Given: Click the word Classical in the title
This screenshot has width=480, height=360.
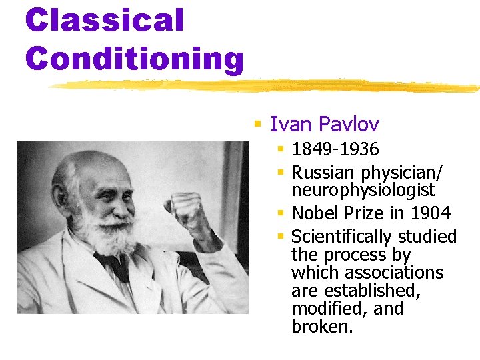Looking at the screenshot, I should pyautogui.click(x=104, y=20).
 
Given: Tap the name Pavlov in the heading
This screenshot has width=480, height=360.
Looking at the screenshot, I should pyautogui.click(x=349, y=124).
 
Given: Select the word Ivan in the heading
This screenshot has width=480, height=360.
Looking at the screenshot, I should pyautogui.click(x=292, y=124).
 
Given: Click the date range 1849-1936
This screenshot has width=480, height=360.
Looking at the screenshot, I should pyautogui.click(x=335, y=149).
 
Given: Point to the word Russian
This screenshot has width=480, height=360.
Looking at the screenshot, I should pyautogui.click(x=323, y=173).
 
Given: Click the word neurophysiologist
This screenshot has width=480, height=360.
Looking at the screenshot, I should pyautogui.click(x=363, y=191).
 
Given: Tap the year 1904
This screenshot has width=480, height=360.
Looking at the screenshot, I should pyautogui.click(x=431, y=213).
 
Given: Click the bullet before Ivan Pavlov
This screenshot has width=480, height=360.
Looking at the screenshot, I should pyautogui.click(x=258, y=124).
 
